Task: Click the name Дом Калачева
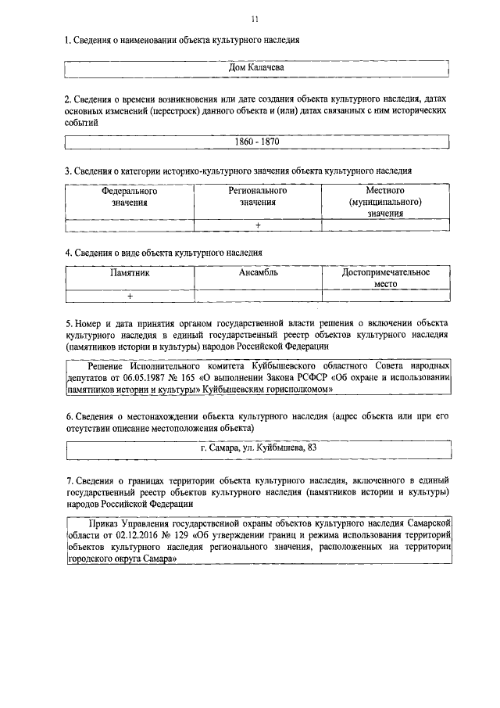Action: (255, 68)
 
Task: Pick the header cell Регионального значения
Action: (257, 196)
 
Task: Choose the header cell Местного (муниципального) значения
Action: (385, 202)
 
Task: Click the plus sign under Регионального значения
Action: (257, 226)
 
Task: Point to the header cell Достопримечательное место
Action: (386, 279)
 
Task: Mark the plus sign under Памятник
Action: (130, 296)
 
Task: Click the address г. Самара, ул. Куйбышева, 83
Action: (259, 447)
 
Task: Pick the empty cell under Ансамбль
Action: (259, 296)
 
